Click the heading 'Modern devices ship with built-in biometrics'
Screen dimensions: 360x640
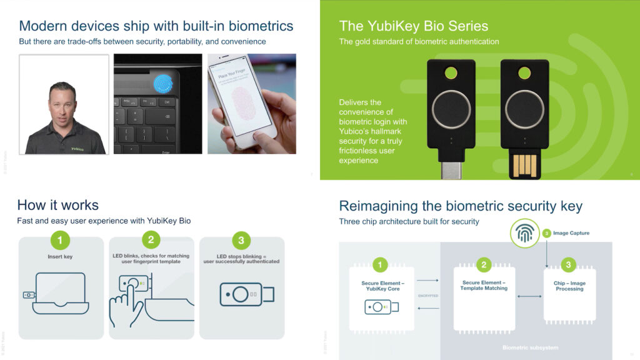tap(156, 26)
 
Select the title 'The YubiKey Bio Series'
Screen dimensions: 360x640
tap(414, 26)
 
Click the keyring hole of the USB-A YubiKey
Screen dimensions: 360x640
tap(524, 72)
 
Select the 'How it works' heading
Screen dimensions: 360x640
tap(57, 205)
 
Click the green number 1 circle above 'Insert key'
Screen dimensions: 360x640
tap(59, 241)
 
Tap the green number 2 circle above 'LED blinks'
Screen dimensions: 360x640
tap(151, 241)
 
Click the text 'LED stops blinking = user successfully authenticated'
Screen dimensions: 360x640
tap(241, 259)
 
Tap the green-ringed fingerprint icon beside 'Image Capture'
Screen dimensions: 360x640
tap(524, 233)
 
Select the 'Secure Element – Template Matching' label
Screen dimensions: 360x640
tap(484, 286)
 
